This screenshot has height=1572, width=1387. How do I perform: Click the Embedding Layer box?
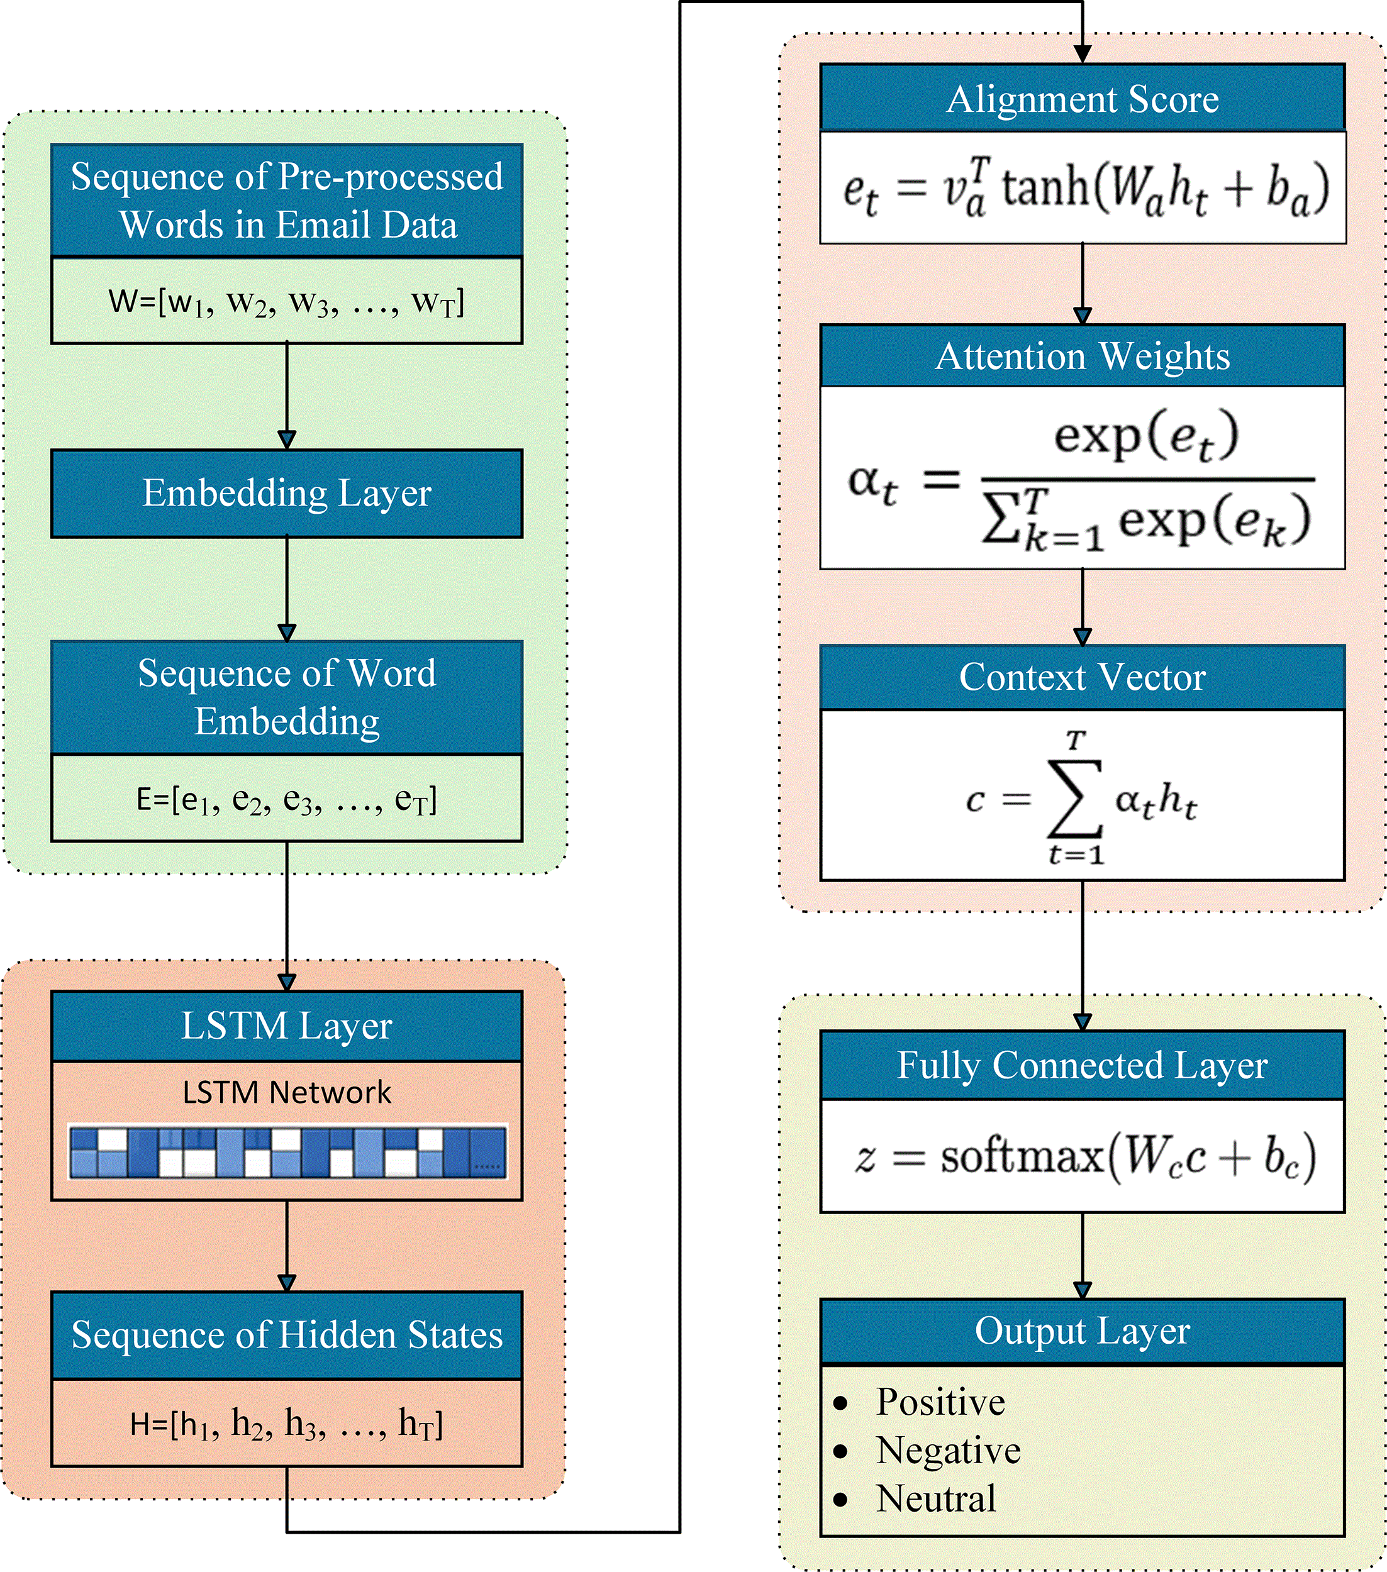[286, 493]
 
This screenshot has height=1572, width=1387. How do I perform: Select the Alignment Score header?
[1083, 97]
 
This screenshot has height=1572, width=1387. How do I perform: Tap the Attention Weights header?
[1083, 355]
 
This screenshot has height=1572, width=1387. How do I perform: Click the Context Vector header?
[1083, 677]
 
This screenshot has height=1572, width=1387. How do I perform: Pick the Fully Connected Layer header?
[1083, 1065]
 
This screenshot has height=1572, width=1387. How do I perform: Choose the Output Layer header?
[1083, 1331]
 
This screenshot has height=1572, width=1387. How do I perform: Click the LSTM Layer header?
[286, 1026]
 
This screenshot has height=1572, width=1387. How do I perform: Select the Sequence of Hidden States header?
[286, 1335]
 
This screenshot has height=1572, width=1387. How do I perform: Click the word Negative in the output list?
[948, 1451]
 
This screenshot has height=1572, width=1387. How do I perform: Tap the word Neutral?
[936, 1499]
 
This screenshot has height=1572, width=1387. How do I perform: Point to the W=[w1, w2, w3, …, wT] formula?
[286, 301]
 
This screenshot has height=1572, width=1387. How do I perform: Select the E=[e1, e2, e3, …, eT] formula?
[286, 800]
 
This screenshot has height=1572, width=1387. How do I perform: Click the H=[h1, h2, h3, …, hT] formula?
[286, 1424]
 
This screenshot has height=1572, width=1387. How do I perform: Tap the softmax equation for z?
[1084, 1157]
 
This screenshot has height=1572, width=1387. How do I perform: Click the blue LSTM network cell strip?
[287, 1151]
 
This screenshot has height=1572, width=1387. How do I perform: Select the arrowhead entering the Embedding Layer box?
[287, 441]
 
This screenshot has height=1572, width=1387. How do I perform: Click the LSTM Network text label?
[286, 1092]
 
